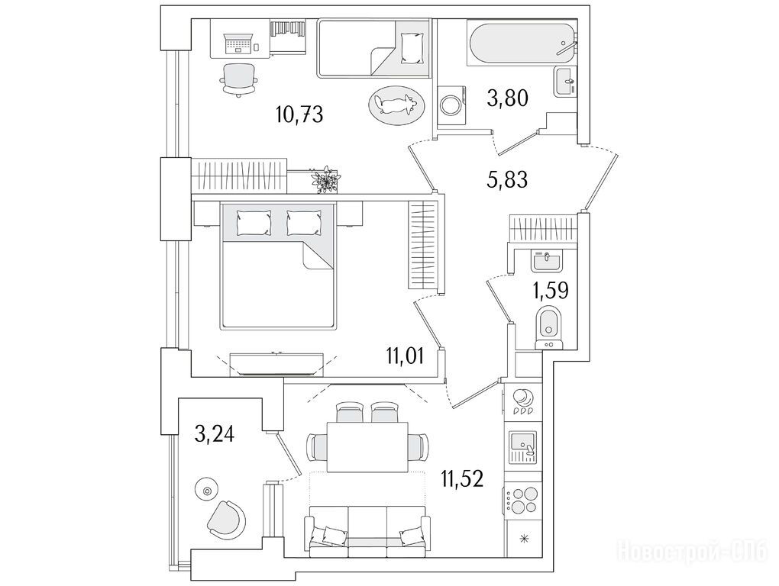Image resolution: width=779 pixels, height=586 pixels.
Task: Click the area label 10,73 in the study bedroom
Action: coord(299,115)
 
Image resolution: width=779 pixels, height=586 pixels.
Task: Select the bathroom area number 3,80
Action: coord(507,98)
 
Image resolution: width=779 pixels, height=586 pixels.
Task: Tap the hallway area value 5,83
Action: coord(507,179)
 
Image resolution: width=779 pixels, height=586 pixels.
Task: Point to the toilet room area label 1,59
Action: coord(551,290)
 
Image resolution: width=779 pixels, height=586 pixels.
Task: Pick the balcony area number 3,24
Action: coord(215,435)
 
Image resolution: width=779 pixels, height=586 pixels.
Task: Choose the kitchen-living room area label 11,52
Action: coord(462,479)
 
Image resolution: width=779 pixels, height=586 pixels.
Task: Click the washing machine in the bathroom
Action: coord(452,106)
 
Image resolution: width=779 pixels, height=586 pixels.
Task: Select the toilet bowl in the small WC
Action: coord(549,327)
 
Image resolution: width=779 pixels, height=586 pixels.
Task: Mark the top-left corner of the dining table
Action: coord(327,422)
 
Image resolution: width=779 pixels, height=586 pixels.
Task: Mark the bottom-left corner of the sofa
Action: coord(304,557)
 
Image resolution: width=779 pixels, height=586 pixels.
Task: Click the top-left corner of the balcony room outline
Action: coord(179,397)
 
